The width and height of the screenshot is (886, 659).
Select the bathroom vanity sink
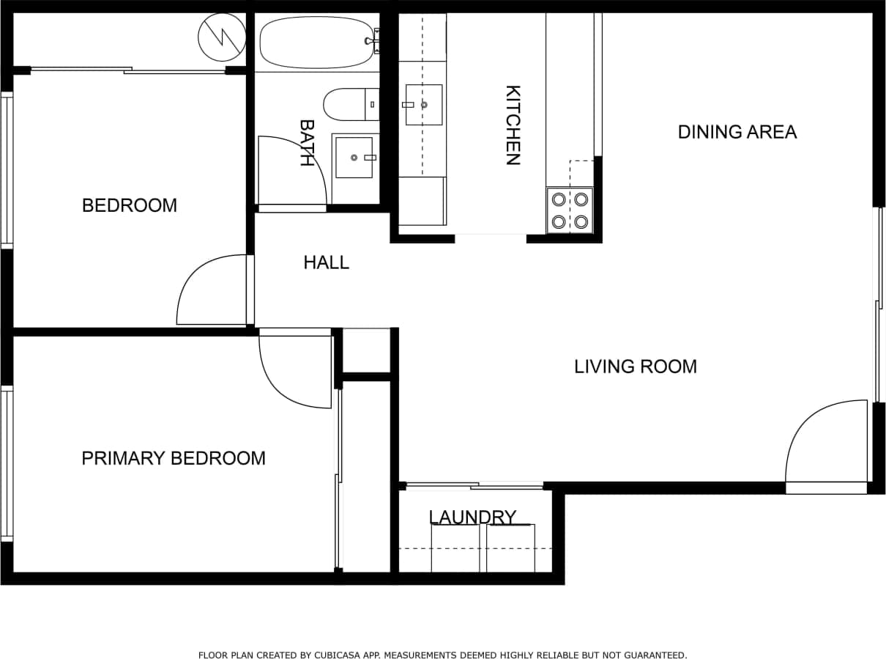354,158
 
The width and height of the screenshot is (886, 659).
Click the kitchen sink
424,105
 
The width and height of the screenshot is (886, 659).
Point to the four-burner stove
570,210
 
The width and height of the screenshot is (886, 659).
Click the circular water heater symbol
222,37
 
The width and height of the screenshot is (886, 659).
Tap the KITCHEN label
513,125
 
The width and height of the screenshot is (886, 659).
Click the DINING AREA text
737,132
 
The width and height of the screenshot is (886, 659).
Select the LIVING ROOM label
635,367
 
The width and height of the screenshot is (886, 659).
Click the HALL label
326,262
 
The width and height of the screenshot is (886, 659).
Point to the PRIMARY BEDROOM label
173,458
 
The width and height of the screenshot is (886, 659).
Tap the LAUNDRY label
472,517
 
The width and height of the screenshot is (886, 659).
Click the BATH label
307,143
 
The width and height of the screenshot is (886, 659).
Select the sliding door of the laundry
474,485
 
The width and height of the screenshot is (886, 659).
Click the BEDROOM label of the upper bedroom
130,205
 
